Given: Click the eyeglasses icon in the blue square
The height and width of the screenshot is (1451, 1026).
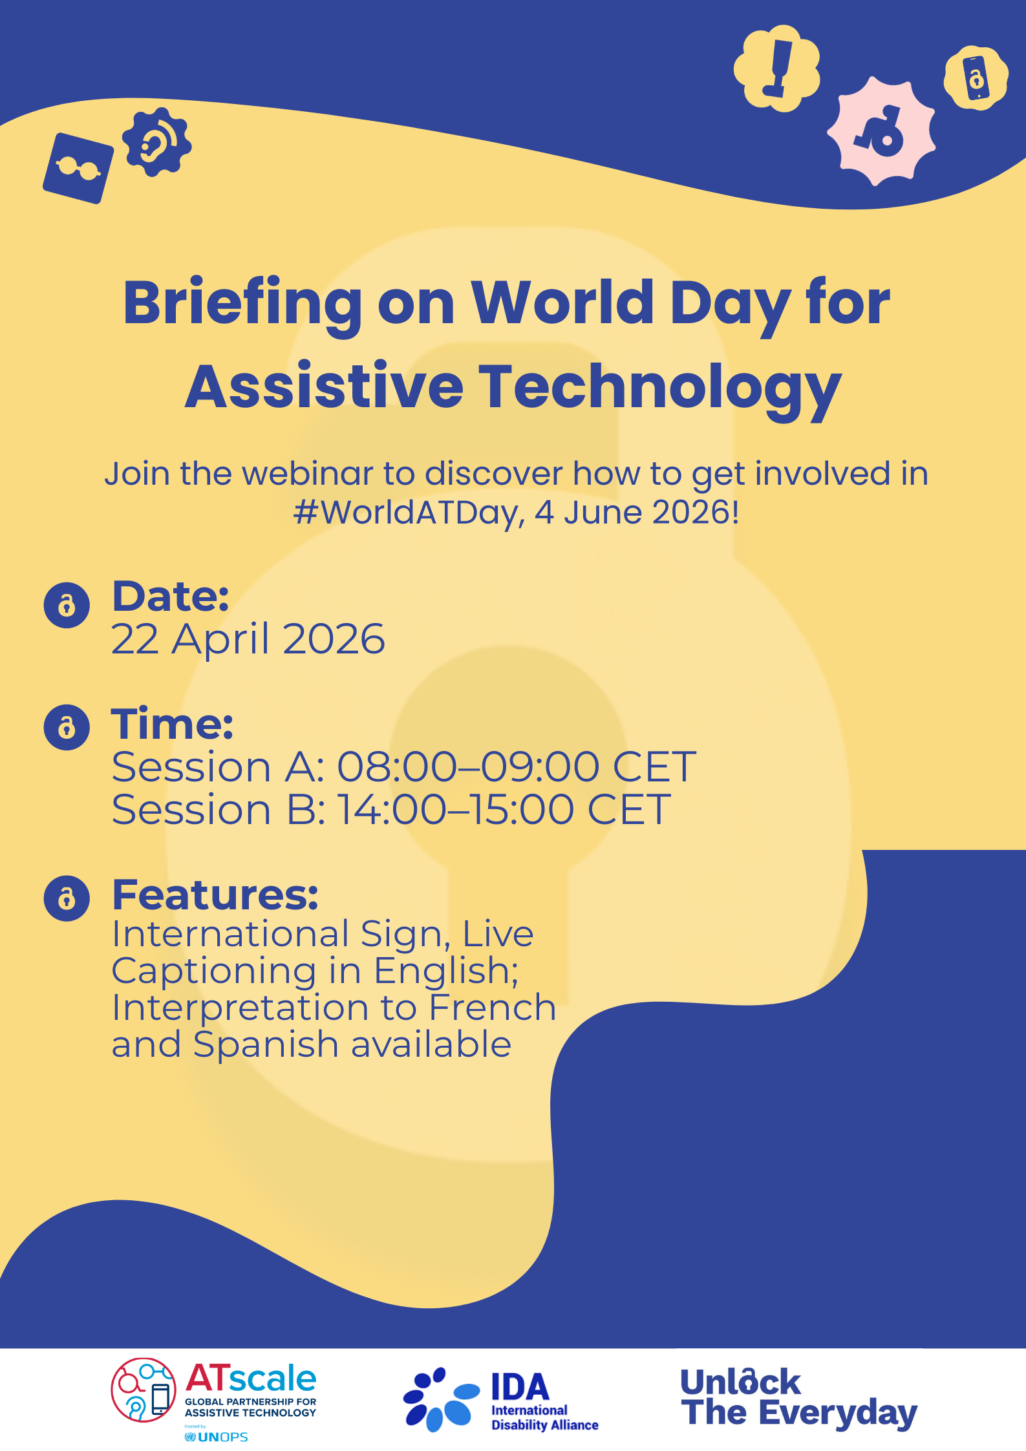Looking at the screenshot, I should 78,169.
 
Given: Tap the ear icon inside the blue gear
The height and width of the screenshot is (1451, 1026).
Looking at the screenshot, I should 156,142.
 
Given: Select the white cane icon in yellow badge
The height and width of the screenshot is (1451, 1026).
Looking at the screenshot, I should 777,68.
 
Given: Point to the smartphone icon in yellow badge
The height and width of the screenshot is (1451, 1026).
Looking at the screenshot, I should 976,78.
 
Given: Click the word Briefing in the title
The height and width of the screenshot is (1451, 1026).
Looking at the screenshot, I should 242,304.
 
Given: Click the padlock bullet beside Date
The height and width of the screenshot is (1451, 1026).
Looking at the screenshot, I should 67,605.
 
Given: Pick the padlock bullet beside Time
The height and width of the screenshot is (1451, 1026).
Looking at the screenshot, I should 67,727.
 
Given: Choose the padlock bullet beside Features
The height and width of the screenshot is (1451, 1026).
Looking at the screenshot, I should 67,898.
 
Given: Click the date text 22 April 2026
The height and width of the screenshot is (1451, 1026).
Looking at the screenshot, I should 248,639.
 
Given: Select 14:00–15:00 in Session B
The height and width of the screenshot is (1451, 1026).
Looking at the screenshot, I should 456,809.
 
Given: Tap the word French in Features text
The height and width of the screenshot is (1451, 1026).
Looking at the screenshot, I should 492,1008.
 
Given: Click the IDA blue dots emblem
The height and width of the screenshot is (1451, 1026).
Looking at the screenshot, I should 440,1399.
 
